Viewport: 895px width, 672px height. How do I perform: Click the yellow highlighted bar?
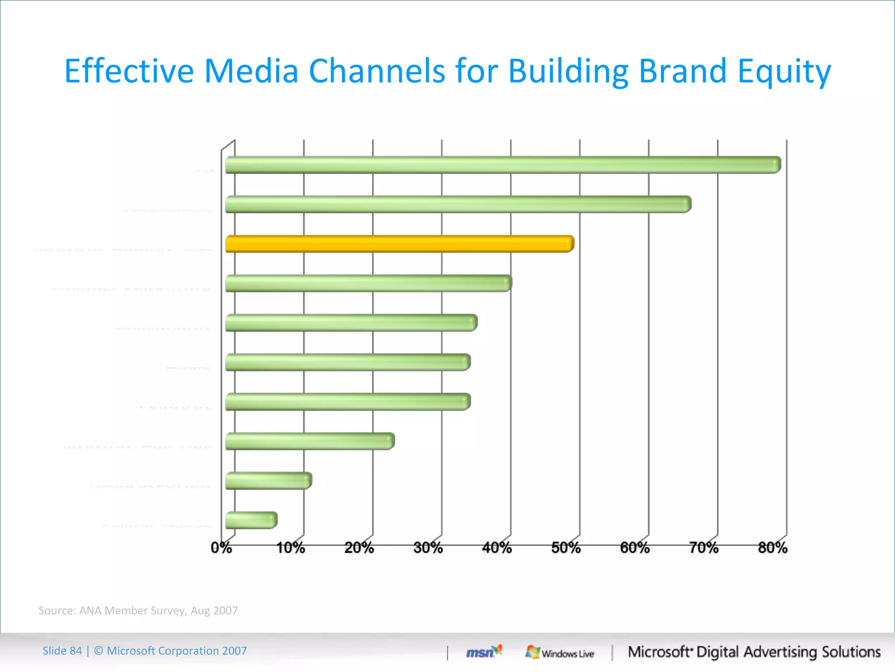point(399,244)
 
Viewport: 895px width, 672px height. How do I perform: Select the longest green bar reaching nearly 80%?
point(503,165)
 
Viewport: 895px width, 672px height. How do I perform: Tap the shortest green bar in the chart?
point(251,520)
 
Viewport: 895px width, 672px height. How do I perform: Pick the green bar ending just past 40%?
point(368,283)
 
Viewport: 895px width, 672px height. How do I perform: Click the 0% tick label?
point(221,548)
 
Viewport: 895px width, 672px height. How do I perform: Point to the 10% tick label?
point(291,548)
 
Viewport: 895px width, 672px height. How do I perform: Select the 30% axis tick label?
point(428,548)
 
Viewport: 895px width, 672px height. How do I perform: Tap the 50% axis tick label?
point(566,548)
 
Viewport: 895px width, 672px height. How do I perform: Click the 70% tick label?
point(704,548)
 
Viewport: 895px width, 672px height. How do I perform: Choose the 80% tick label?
point(773,548)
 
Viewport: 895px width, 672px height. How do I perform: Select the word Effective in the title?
point(129,71)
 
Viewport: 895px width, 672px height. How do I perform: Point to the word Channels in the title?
point(377,71)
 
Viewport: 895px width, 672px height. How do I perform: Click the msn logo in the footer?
point(483,652)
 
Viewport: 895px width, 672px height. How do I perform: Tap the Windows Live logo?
point(560,653)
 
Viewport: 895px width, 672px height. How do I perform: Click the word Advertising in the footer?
point(780,652)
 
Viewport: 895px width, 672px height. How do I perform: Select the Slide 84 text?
point(62,651)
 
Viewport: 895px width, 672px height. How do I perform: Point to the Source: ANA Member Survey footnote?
point(138,610)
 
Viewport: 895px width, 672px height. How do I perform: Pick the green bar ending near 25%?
point(310,441)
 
